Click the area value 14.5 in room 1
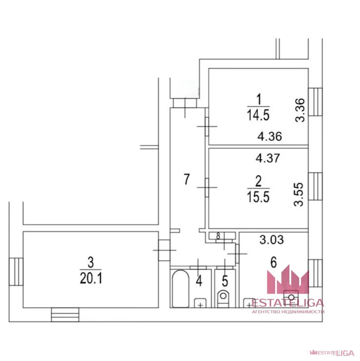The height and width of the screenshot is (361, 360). coord(258,115)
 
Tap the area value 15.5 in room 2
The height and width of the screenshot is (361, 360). coord(258,197)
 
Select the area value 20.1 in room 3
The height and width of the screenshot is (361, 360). coord(91,278)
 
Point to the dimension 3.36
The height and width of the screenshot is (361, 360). coord(300,110)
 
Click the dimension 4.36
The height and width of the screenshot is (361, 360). coord(270,136)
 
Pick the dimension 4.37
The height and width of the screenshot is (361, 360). coord(268,158)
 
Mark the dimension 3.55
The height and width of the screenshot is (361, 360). coord(299,194)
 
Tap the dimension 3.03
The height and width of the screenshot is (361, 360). coord(272,240)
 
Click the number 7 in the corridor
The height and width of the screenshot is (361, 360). coord(187,179)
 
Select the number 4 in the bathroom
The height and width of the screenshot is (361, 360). coord(199,281)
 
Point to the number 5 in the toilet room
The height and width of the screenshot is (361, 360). coord(225,281)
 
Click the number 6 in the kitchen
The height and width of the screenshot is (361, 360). coord(274,262)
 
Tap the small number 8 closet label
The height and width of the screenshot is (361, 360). coord(218,236)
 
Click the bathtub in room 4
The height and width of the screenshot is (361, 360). coord(180,289)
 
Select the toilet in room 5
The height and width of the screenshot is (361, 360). coord(223,298)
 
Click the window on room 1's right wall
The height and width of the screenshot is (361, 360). coord(315,102)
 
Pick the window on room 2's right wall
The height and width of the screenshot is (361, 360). coord(315,186)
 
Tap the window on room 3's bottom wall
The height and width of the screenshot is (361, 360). coord(65,314)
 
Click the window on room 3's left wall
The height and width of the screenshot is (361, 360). coord(16,272)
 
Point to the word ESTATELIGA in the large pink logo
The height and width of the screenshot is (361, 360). coord(288,303)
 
